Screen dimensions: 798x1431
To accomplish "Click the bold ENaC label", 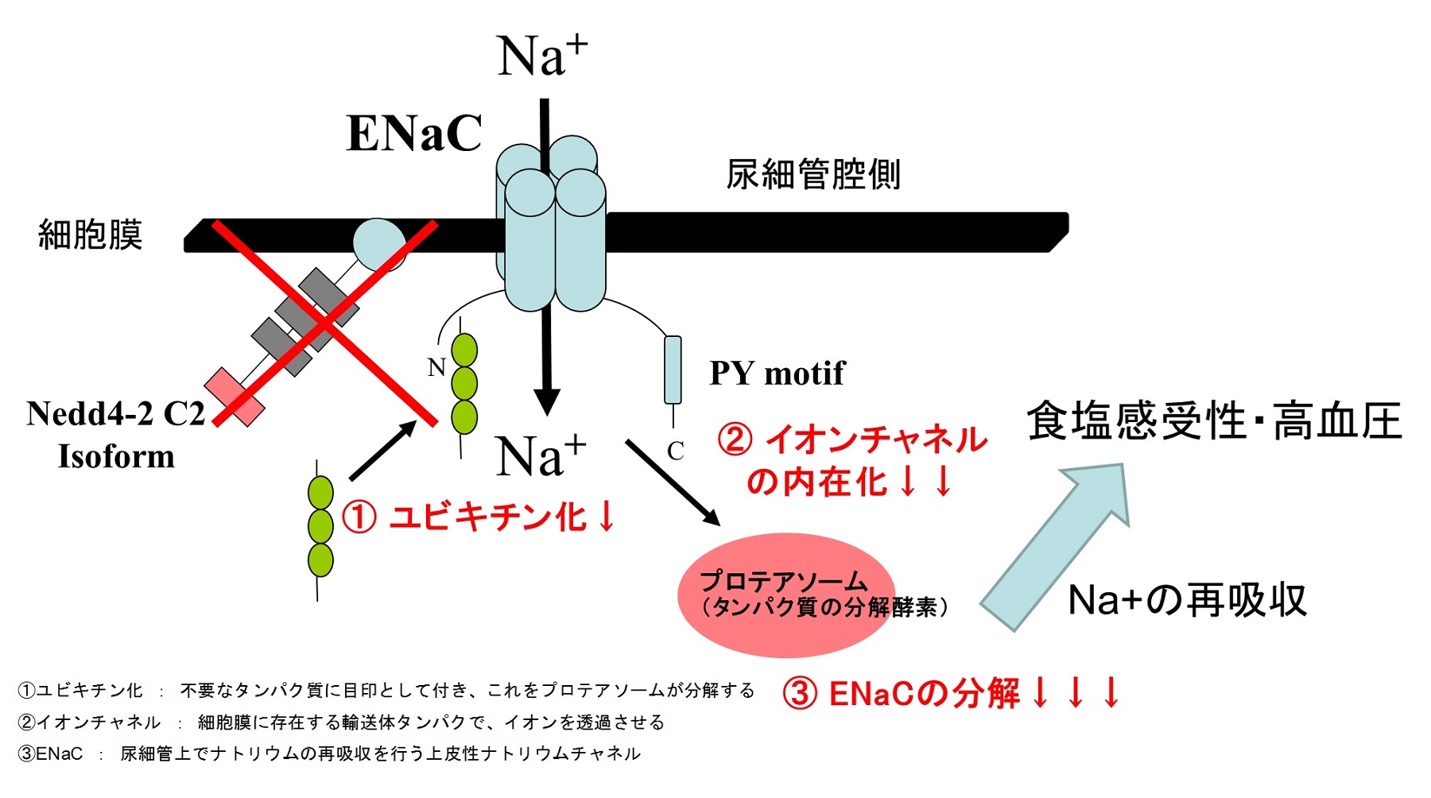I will pos(414,133).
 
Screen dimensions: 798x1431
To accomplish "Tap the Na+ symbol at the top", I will pos(541,56).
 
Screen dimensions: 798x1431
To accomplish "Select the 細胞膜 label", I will pos(90,235).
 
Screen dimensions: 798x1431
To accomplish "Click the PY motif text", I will pos(777,373).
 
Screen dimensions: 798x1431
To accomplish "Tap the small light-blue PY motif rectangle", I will pos(673,370).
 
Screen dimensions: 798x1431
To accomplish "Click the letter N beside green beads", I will pos(436,367).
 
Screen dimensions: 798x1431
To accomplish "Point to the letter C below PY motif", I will pos(676,451).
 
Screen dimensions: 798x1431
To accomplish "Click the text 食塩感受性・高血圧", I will pos(1214,421).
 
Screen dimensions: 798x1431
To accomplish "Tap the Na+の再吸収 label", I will pos(1187,600).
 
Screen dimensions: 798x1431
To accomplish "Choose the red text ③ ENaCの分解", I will pos(951,693).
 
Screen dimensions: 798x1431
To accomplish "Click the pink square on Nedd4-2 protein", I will pos(235,397).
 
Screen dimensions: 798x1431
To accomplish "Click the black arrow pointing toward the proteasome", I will pos(672,482).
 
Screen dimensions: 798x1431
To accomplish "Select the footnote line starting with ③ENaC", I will pos(328,753).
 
